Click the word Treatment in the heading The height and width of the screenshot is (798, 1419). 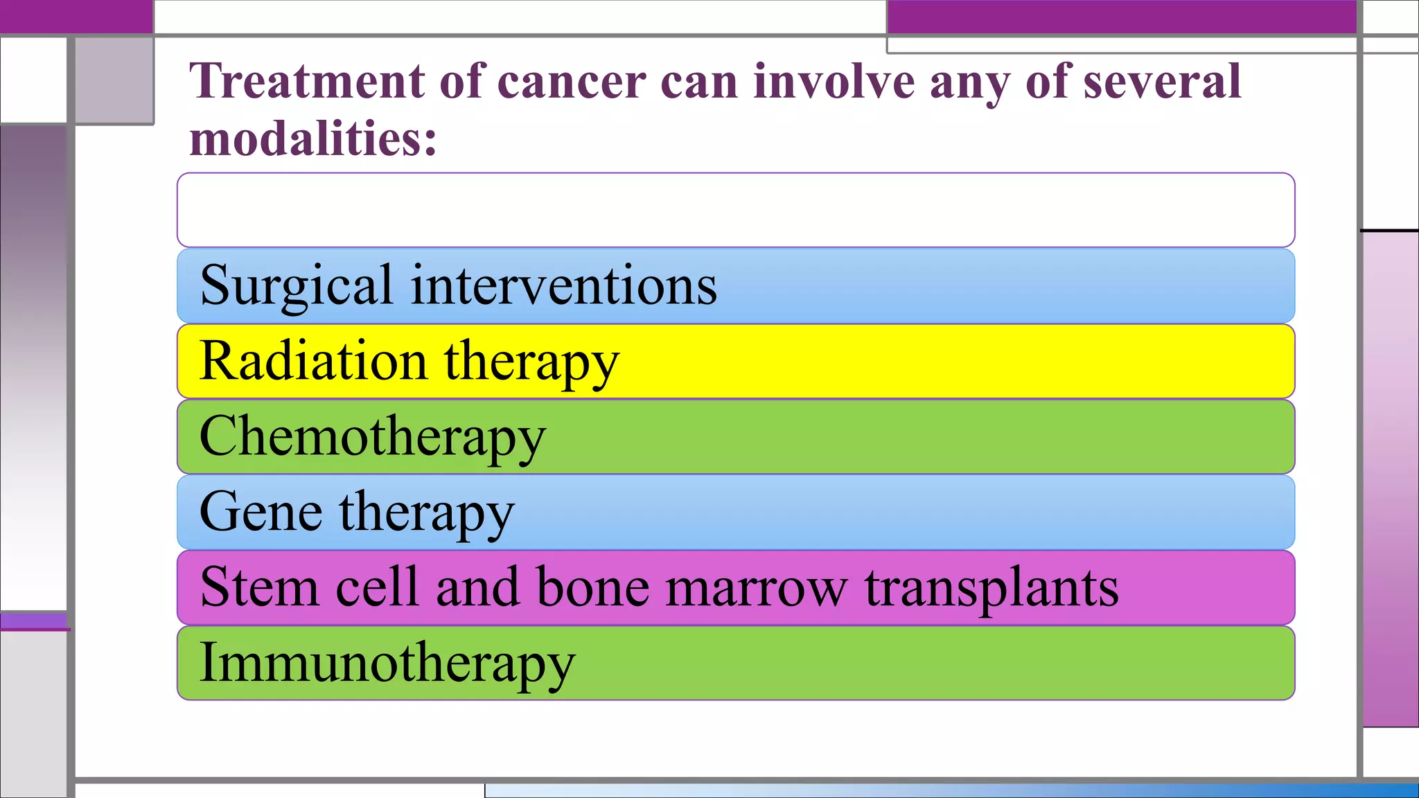click(x=308, y=82)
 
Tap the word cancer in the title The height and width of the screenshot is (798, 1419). click(x=572, y=82)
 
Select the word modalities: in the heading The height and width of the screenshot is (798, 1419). click(x=313, y=139)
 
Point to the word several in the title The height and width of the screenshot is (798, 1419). click(x=1162, y=82)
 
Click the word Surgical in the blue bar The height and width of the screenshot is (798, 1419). click(x=297, y=285)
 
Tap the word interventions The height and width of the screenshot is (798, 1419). click(x=564, y=285)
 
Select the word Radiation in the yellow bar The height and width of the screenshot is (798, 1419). click(x=313, y=361)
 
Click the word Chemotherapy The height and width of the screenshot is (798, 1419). click(x=372, y=436)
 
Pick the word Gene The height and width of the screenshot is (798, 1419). click(x=261, y=512)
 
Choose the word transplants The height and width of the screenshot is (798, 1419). click(x=991, y=587)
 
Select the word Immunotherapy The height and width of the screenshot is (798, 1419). click(x=387, y=663)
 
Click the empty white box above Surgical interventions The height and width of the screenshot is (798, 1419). click(x=735, y=210)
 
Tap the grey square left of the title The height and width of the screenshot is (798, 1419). click(x=114, y=80)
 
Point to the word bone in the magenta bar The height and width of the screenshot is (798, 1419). click(x=592, y=587)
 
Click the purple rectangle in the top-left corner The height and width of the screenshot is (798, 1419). click(x=76, y=16)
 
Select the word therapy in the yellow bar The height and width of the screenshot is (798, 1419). click(x=531, y=361)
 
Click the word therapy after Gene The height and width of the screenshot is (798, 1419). click(x=426, y=512)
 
